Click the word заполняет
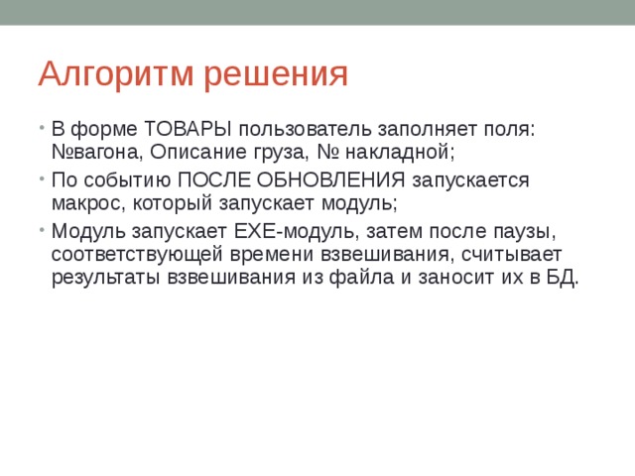(418, 131)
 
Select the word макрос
(84, 202)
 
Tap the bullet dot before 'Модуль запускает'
(43, 230)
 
